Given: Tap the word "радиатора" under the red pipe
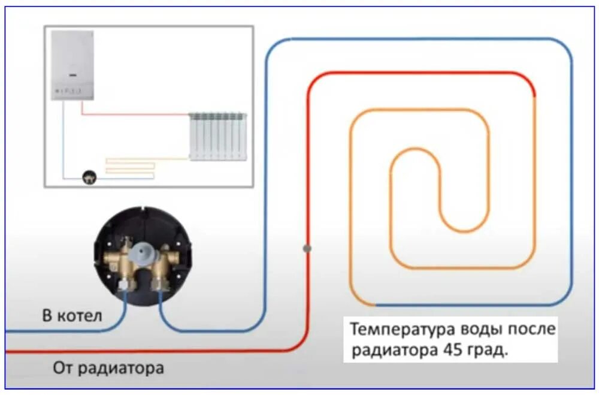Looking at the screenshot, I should pos(119,367).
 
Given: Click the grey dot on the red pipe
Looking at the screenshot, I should pos(307,248).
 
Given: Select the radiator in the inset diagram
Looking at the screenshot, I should pos(217,136).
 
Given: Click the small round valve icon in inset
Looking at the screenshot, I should pos(89,177).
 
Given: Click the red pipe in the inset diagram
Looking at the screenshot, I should pos(135,113).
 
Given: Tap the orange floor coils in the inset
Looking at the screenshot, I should pos(130,167).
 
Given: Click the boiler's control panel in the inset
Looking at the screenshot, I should pos(68,91).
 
